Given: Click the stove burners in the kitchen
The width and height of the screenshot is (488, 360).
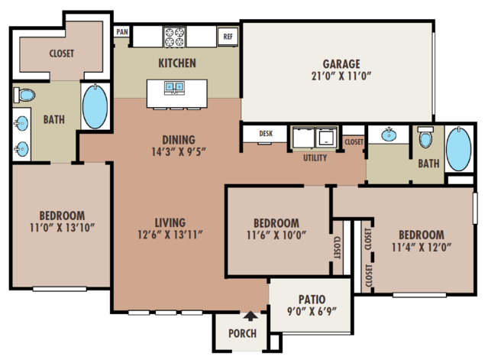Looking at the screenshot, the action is (175, 37).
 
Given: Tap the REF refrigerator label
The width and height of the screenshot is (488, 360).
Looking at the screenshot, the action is (228, 37).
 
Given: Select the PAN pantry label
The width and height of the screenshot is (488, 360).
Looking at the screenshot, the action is (122, 32).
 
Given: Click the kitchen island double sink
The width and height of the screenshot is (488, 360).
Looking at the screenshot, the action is (174, 86).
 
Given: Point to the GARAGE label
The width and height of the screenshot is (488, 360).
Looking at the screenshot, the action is (341, 64).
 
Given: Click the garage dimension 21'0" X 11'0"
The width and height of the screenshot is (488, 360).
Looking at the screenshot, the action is (341, 76).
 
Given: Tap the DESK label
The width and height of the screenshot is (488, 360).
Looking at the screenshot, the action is (266, 134).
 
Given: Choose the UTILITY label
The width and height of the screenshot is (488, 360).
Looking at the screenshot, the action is (315, 158).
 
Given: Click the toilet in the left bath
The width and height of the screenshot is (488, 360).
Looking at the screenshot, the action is (24, 95).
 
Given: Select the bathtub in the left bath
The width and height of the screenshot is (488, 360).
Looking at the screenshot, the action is (95, 106).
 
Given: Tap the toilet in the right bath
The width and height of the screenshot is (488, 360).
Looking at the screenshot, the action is (425, 136).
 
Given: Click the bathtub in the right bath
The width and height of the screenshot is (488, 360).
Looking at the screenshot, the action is (458, 149).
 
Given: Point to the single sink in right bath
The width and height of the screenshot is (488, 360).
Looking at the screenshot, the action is (389, 135).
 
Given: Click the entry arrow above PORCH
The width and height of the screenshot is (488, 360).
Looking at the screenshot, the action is (250, 316).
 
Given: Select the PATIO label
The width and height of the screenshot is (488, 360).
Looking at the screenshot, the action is (312, 300).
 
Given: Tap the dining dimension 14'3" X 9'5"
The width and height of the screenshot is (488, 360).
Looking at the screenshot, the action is (179, 152).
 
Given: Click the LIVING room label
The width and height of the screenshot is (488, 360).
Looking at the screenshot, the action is (170, 222).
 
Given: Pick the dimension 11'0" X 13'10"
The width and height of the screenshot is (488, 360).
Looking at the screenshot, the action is (62, 228).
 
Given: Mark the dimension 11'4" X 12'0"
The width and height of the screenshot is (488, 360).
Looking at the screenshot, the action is (422, 248).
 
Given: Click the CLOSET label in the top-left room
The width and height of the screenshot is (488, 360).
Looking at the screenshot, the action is (62, 54).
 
